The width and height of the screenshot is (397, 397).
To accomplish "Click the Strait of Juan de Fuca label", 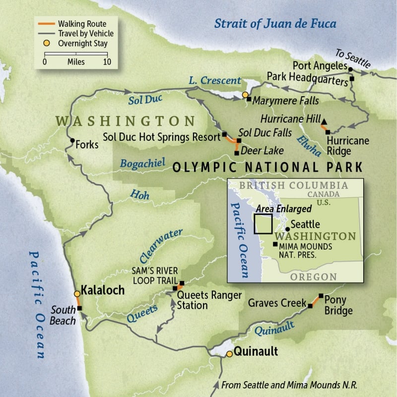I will pos(275,23).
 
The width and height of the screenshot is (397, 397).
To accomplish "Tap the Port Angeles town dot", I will pos(350,69).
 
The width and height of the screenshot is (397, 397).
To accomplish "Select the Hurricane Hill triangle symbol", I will pos(324,121).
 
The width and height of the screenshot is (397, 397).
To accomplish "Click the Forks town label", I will pos(87,145).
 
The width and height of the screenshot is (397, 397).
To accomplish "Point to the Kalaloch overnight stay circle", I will pos(77,294).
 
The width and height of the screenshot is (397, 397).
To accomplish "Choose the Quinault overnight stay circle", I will pos(229,354).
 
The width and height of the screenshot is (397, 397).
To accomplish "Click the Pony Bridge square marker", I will pos(321,295).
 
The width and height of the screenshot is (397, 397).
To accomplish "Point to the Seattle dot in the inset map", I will pos(287,229).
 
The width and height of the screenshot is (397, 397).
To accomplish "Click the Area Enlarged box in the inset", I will pos(263,223).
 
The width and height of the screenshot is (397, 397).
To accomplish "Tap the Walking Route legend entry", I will pos(81,23).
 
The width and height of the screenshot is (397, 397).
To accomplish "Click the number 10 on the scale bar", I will pos(107,62).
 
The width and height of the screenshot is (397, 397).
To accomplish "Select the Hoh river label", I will pos(139,195).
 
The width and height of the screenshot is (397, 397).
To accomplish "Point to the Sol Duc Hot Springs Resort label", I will pos(161,137).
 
